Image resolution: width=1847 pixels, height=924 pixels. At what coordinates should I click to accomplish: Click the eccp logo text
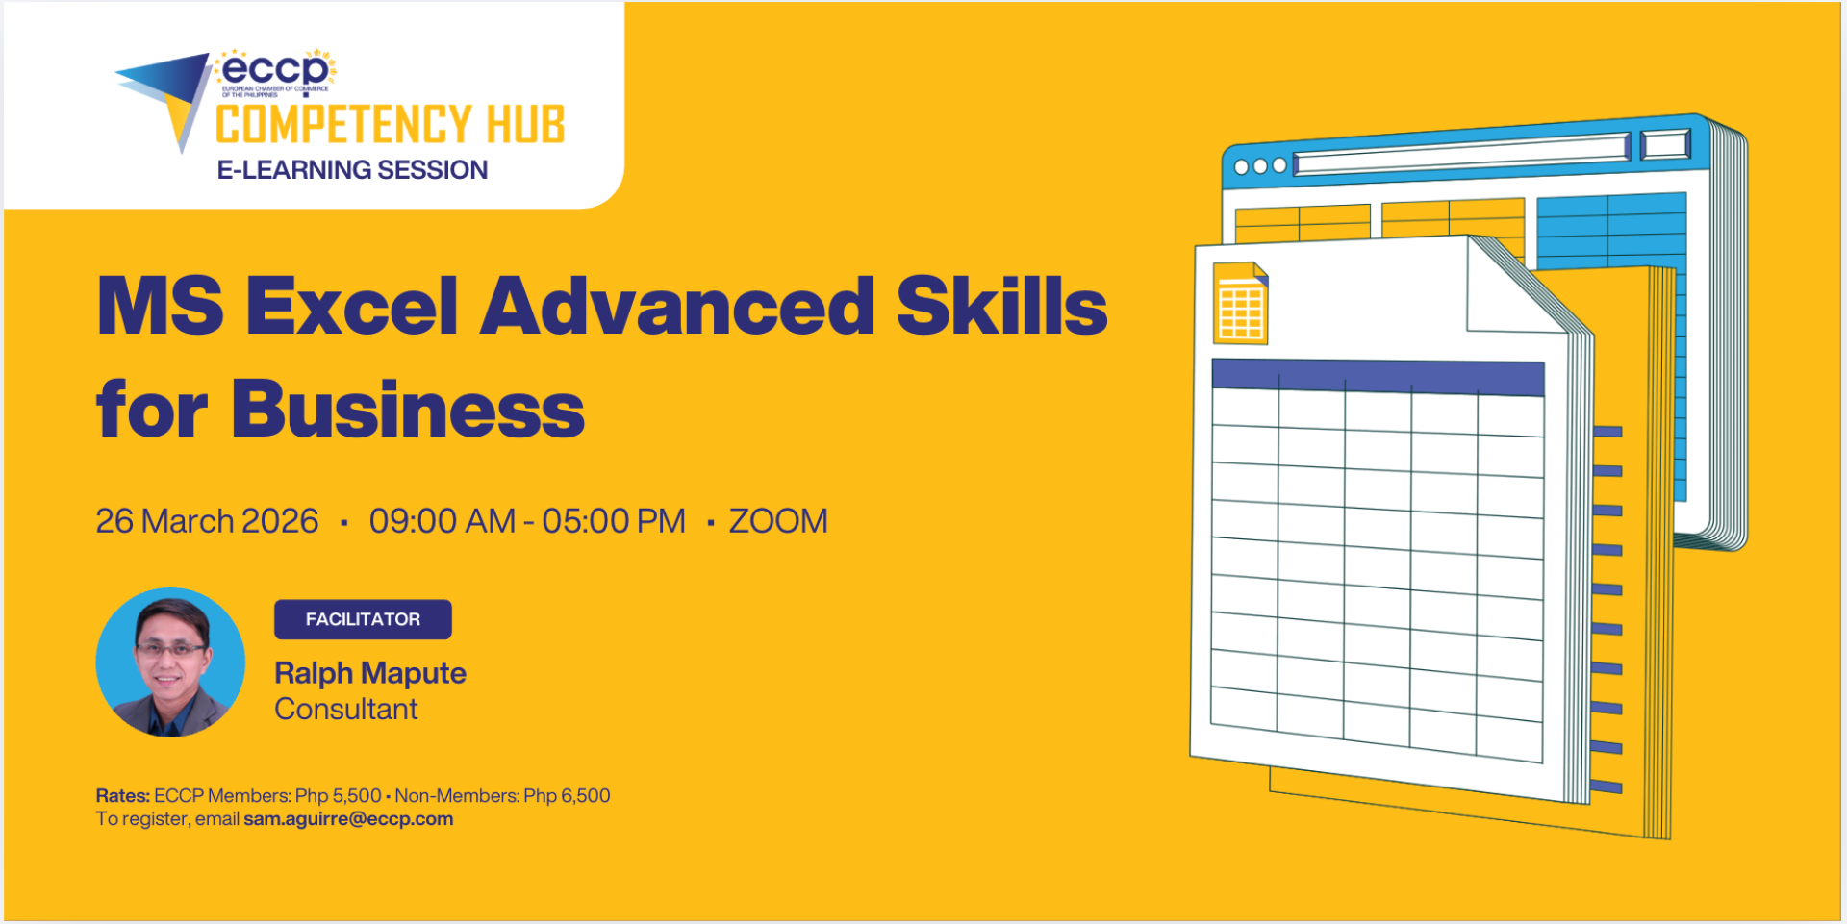click(275, 70)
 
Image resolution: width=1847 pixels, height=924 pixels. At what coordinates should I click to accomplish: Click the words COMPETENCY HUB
click(391, 125)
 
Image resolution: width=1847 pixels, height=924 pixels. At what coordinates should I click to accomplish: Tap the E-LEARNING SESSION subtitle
click(352, 170)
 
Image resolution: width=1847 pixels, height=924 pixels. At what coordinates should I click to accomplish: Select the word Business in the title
click(408, 409)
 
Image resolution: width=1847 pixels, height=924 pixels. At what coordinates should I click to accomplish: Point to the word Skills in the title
click(1002, 305)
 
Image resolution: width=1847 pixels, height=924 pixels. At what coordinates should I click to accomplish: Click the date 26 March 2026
click(207, 521)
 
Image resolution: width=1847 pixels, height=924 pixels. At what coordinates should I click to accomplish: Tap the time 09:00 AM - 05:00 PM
click(527, 521)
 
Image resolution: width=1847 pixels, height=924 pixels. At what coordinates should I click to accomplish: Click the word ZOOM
click(778, 521)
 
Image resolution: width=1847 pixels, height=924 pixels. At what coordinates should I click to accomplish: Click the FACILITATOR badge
click(363, 619)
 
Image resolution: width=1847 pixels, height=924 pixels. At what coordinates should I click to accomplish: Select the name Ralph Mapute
click(370, 673)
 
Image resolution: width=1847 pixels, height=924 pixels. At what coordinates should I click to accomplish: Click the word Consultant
click(346, 710)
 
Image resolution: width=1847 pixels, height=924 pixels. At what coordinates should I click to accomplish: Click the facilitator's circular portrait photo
click(170, 662)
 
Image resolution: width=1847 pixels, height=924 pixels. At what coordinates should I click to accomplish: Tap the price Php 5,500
click(339, 796)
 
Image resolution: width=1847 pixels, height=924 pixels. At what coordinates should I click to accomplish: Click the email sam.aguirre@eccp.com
click(348, 819)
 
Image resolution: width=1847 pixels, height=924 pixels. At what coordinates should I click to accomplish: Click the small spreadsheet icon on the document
click(1241, 303)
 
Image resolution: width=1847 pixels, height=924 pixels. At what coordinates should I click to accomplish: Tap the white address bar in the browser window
click(1461, 154)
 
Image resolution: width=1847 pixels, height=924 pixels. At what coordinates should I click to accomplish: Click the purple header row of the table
click(1379, 377)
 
